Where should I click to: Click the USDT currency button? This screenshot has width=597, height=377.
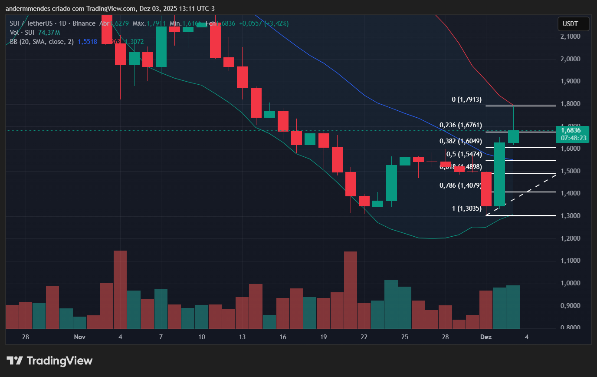[573, 24]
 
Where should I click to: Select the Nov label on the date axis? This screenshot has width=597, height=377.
[79, 337]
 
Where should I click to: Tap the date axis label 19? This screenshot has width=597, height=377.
[323, 337]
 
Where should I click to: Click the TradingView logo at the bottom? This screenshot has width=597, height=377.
[49, 360]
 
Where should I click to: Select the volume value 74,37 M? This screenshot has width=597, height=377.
[49, 33]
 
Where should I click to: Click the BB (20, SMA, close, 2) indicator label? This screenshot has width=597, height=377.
[42, 42]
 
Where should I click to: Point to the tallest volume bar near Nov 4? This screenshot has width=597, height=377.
[120, 289]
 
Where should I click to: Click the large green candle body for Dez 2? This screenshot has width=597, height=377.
[499, 174]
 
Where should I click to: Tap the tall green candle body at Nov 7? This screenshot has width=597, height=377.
[161, 46]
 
